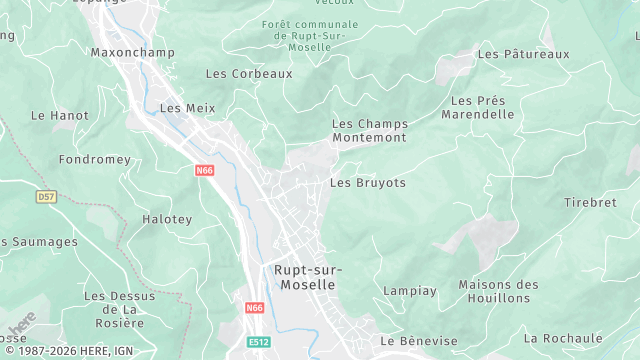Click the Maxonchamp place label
pyautogui.click(x=132, y=52)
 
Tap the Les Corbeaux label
pyautogui.click(x=249, y=73)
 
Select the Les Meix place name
pyautogui.click(x=187, y=108)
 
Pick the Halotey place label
pyautogui.click(x=167, y=219)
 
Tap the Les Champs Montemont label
pyautogui.click(x=369, y=130)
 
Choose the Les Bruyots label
pyautogui.click(x=368, y=183)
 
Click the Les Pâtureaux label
pyautogui.click(x=523, y=53)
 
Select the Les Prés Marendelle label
pyautogui.click(x=482, y=107)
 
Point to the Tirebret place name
pyautogui.click(x=590, y=202)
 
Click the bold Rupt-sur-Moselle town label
pyautogui.click(x=308, y=277)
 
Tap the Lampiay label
pyautogui.click(x=410, y=291)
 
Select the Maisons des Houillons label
pyautogui.click(x=498, y=291)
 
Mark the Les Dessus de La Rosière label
pyautogui.click(x=120, y=309)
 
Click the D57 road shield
pyautogui.click(x=46, y=197)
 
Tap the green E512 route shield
pyautogui.click(x=259, y=342)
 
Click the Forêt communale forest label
pyautogui.click(x=309, y=36)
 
